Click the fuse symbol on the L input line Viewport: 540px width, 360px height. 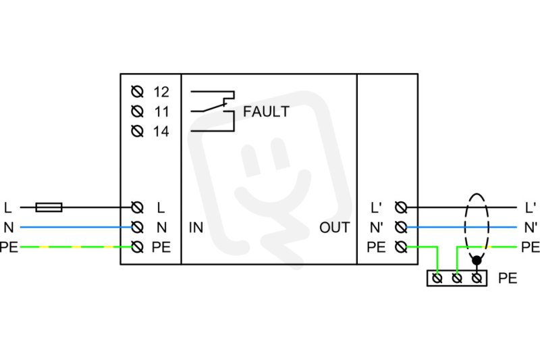tap(49, 207)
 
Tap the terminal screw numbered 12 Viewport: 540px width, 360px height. tap(138, 92)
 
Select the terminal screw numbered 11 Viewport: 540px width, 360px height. tap(138, 111)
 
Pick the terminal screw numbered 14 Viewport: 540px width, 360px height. tap(138, 131)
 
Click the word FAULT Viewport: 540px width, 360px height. tap(266, 111)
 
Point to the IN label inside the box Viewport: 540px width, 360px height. tap(196, 228)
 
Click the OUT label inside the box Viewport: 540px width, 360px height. tap(334, 228)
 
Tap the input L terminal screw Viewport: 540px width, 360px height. tap(138, 207)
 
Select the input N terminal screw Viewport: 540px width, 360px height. tap(138, 227)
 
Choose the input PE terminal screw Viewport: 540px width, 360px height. tap(138, 247)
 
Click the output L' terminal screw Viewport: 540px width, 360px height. tap(401, 207)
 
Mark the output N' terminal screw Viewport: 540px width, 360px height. tap(401, 227)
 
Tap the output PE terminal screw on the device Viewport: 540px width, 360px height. tap(401, 247)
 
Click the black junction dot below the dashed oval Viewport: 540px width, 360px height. tap(477, 261)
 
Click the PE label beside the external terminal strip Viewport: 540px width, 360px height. tap(508, 278)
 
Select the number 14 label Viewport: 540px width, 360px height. tap(161, 131)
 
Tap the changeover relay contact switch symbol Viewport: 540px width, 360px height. tap(213, 111)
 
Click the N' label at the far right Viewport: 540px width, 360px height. tap(531, 228)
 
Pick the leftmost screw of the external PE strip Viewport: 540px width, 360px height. tap(437, 278)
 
